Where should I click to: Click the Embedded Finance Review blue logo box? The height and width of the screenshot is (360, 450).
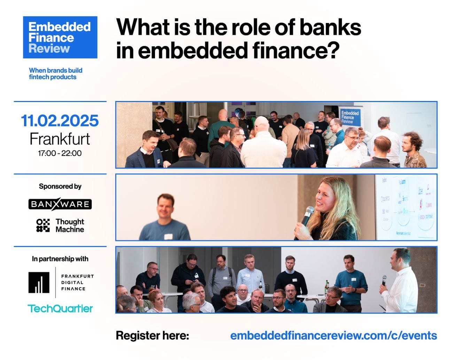click(x=60, y=37)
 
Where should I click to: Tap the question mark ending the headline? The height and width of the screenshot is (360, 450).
click(x=333, y=50)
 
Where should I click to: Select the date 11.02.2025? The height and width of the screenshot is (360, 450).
click(x=60, y=121)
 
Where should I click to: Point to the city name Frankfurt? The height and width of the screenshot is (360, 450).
click(x=60, y=139)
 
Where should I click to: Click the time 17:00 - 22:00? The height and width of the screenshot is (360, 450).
click(x=60, y=153)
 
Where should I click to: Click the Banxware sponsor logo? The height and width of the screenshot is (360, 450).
click(x=60, y=204)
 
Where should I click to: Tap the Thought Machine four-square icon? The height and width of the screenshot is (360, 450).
click(x=43, y=225)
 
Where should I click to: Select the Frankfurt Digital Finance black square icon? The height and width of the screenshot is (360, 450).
click(x=39, y=282)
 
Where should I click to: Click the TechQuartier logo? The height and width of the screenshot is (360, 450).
click(x=60, y=308)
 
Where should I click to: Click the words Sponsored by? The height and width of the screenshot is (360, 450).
click(x=60, y=186)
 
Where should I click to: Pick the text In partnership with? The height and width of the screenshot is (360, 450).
click(x=60, y=259)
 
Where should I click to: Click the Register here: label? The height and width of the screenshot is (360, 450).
click(x=152, y=336)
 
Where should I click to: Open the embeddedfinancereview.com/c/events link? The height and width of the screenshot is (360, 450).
click(x=333, y=336)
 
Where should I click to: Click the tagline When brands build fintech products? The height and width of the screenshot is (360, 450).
click(x=55, y=73)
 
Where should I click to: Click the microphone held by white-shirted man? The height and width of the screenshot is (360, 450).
click(x=384, y=280)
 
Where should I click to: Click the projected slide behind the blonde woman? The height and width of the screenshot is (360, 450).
click(x=406, y=207)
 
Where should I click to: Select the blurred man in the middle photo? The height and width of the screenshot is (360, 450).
click(x=165, y=218)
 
